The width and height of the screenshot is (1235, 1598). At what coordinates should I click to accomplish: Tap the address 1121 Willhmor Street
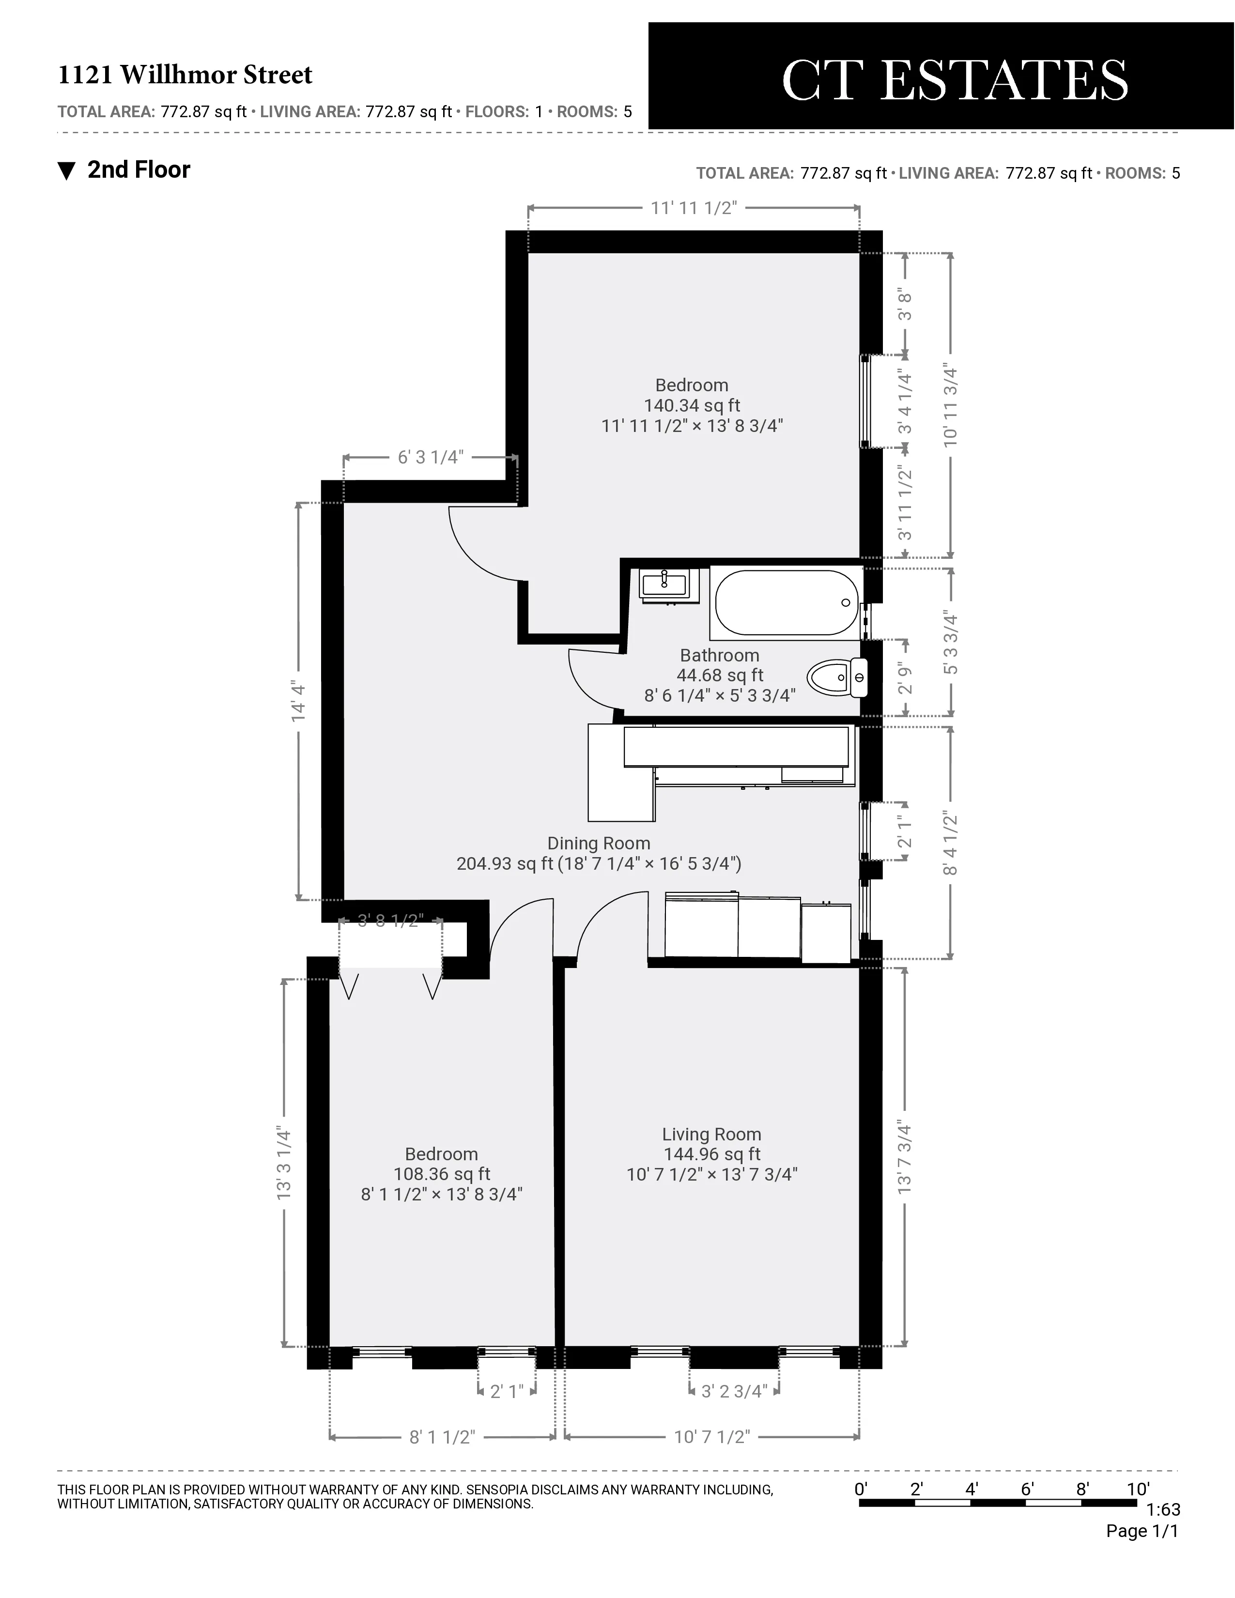(185, 75)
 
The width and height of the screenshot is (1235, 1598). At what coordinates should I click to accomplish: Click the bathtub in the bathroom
(786, 603)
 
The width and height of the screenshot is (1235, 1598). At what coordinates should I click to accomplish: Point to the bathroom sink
(664, 584)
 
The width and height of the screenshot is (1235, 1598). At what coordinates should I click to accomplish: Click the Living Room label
(711, 1134)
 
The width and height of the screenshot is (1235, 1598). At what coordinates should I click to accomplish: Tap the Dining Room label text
(599, 843)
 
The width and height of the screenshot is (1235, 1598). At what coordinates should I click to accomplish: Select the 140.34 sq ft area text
(692, 405)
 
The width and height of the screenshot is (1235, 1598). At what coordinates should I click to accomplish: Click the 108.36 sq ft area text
(441, 1174)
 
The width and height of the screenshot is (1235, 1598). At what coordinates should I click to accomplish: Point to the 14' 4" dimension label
(298, 702)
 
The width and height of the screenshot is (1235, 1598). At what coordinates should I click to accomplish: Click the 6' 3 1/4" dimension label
(430, 457)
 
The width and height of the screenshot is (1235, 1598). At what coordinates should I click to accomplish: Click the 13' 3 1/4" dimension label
(284, 1163)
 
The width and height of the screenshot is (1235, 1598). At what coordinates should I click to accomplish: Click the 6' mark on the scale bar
(1027, 1489)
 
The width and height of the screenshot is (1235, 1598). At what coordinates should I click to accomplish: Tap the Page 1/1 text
(1142, 1531)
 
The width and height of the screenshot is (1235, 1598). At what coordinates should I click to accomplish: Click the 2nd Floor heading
(139, 170)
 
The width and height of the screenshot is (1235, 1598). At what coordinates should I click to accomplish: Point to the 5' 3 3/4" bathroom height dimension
(950, 643)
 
